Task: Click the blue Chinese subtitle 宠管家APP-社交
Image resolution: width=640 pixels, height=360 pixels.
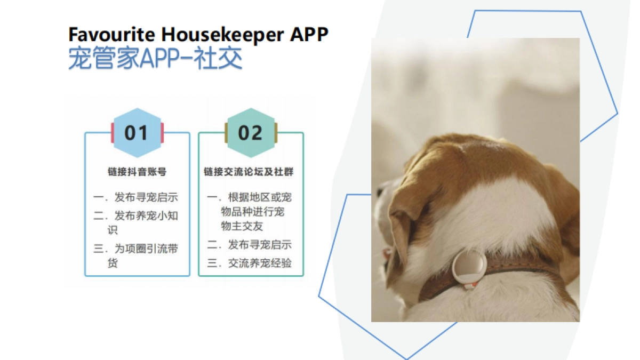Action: (x=155, y=59)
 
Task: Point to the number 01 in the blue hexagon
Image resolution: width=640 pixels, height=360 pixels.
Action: (x=136, y=133)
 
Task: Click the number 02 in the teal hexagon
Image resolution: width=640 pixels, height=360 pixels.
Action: (x=250, y=133)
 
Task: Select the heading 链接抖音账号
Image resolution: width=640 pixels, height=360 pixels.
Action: (x=137, y=172)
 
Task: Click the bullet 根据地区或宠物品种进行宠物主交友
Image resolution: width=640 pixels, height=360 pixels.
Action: (x=255, y=212)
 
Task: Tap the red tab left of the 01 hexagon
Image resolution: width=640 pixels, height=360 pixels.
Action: (x=112, y=133)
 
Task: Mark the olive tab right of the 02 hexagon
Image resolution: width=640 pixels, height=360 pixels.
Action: (x=276, y=133)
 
